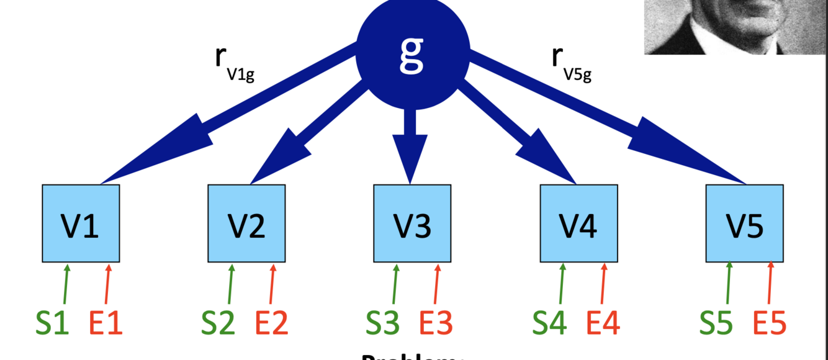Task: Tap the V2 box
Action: (x=246, y=223)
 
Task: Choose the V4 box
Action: (x=578, y=223)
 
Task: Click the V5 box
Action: (x=745, y=223)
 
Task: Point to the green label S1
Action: (x=52, y=323)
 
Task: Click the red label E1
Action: (x=106, y=323)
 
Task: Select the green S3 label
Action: (x=382, y=323)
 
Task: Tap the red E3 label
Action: (x=436, y=323)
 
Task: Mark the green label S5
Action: (x=716, y=323)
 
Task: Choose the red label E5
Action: (x=770, y=323)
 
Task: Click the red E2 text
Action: (x=272, y=323)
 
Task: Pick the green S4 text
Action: (x=549, y=323)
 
